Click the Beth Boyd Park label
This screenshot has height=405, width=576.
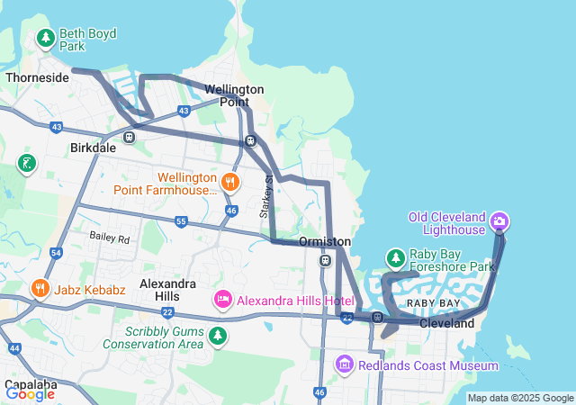pos(87,40)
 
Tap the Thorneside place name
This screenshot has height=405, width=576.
pos(37,78)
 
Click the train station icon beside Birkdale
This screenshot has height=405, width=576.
pos(130,137)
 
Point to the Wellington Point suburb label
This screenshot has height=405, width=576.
pos(234,95)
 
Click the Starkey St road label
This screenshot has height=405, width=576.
pos(266,196)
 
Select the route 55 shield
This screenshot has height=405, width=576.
pos(181,221)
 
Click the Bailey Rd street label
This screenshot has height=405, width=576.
pos(110,238)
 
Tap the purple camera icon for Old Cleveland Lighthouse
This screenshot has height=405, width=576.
pos(500,220)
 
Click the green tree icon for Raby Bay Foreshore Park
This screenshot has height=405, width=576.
pos(395,259)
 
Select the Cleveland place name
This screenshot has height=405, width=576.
pos(446,322)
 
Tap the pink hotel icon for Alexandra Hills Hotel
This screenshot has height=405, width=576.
pos(222,299)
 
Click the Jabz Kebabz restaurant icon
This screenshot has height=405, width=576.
pos(40,288)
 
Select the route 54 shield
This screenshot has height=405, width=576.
pos(56,255)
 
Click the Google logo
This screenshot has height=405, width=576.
pos(30,392)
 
